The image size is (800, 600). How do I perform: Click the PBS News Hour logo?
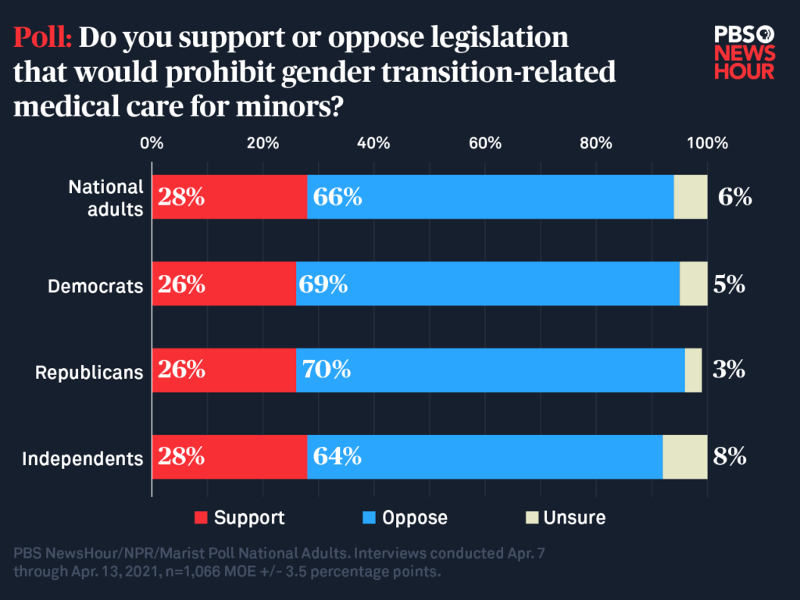coord(744,52)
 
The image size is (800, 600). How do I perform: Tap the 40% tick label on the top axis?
coord(373,143)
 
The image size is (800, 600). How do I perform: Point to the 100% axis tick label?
coord(706,143)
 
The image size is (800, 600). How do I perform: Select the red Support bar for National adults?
coord(230,197)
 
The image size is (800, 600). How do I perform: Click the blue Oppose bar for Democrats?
coord(487,284)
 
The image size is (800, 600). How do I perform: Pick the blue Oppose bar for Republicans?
coord(490,370)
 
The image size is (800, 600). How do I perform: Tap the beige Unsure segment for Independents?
coord(684,456)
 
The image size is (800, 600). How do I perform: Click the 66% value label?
coord(337,197)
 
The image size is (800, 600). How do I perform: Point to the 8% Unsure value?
coord(730,456)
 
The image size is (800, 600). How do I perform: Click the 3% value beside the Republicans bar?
coord(728,370)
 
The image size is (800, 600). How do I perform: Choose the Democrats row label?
coord(95,286)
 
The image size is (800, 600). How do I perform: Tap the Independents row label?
coord(82,459)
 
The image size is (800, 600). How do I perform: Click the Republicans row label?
coord(89,372)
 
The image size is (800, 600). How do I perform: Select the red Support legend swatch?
coord(201,517)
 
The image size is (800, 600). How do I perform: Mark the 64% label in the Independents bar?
coord(337,456)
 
